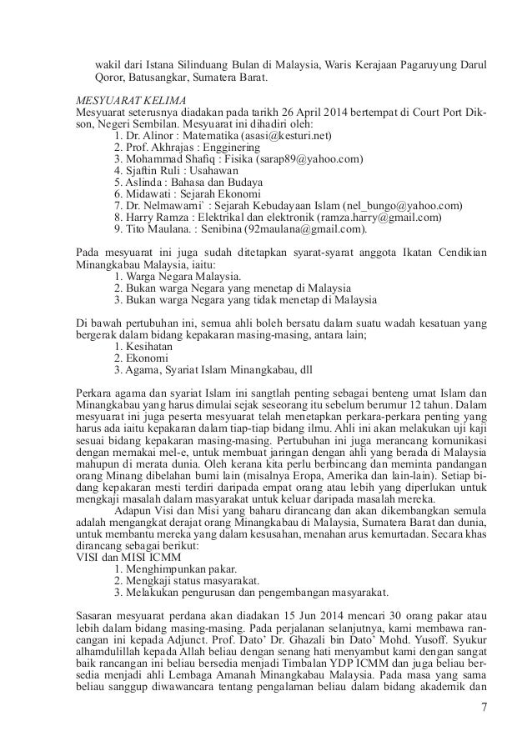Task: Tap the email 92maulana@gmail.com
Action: pyautogui.click(x=308, y=228)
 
